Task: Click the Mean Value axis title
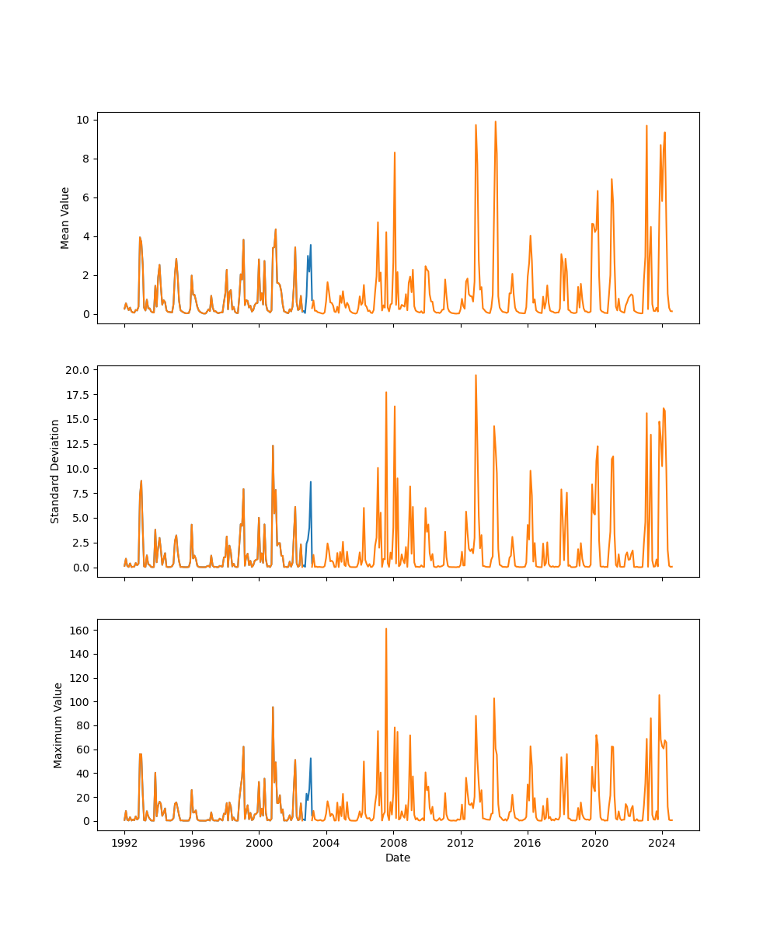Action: click(65, 218)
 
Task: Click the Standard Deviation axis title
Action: click(55, 471)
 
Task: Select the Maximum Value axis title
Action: click(58, 725)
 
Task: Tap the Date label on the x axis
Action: click(398, 858)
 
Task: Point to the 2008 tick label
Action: click(393, 843)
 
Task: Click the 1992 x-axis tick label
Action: click(124, 843)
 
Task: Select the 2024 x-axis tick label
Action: click(662, 843)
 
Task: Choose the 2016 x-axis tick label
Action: click(528, 843)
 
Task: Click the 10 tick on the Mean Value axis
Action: click(82, 120)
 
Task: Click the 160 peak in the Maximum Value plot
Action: click(386, 629)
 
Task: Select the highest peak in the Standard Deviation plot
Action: click(476, 375)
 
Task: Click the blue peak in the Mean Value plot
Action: click(311, 245)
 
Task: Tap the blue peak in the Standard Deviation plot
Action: click(311, 482)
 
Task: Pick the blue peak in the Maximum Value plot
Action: click(311, 758)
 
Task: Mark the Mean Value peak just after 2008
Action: click(395, 152)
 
